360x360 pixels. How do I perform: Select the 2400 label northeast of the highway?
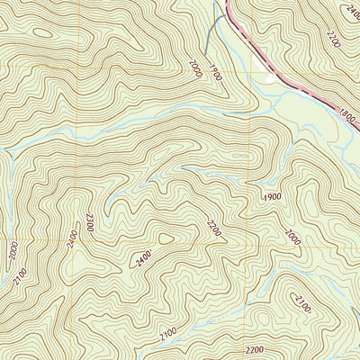(348, 10)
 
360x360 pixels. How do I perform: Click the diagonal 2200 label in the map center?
(213, 229)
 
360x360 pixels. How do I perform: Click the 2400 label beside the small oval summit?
(141, 261)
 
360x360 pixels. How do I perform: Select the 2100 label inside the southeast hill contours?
(302, 304)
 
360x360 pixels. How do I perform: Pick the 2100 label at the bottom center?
(167, 335)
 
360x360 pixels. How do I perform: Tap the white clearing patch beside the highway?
(270, 79)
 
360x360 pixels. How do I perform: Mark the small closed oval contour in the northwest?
(42, 35)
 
